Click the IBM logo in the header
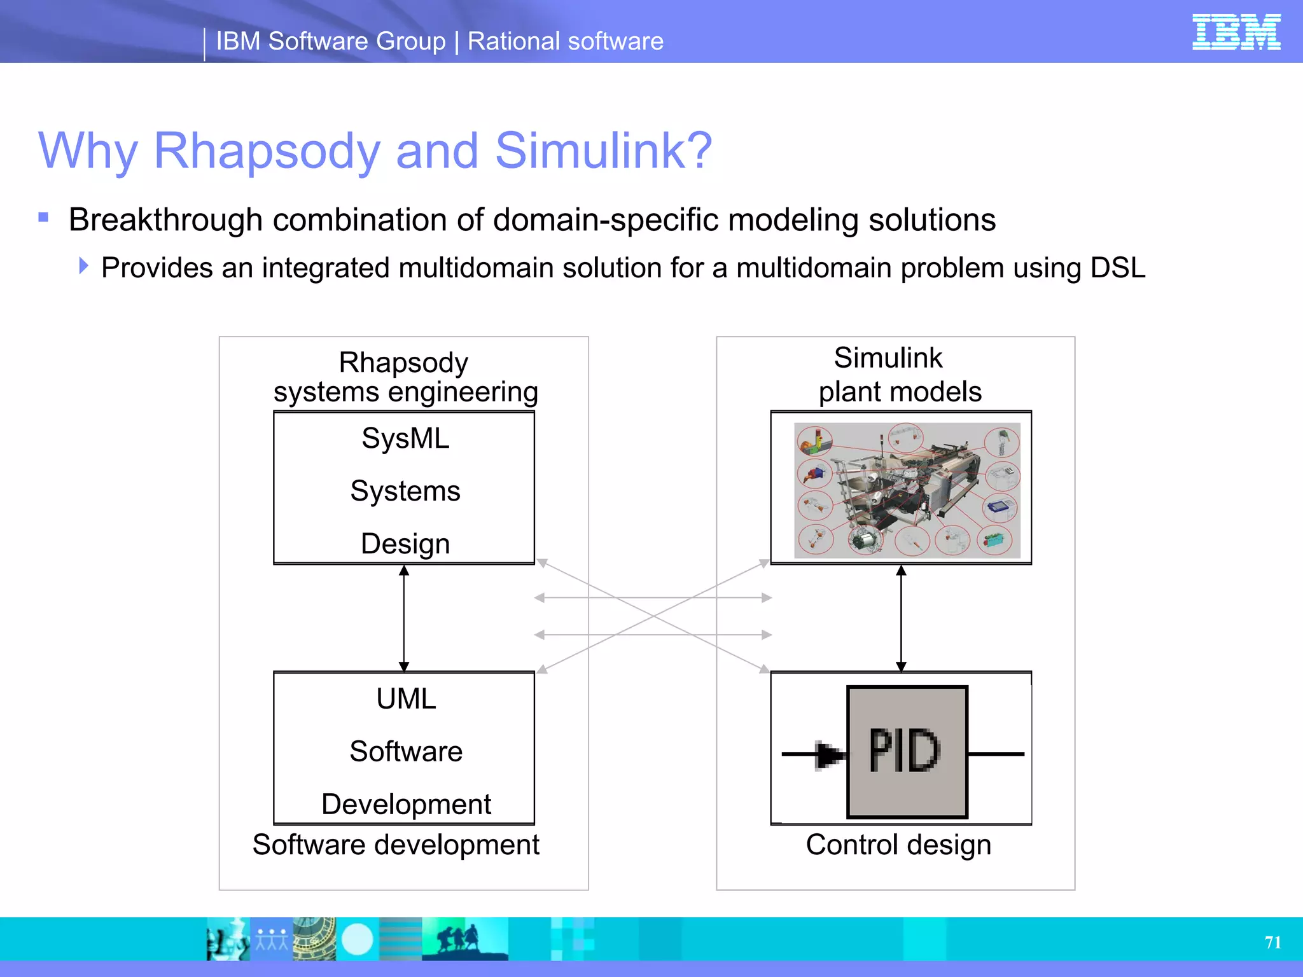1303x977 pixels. [1236, 32]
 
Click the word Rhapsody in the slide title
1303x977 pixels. [267, 151]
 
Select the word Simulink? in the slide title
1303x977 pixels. [603, 151]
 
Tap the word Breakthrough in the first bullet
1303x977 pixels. [165, 220]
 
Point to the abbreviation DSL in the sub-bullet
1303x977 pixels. [1117, 268]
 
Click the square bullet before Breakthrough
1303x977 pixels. [43, 218]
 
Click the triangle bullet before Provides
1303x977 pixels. [83, 265]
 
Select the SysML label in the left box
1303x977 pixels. [405, 438]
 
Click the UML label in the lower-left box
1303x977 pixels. [406, 698]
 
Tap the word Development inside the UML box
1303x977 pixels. [406, 804]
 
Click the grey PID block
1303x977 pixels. [907, 752]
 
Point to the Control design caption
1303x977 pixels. [898, 845]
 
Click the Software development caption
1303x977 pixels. [396, 845]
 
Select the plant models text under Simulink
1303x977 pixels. [900, 392]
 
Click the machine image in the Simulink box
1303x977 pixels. [907, 490]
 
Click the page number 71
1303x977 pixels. [1272, 942]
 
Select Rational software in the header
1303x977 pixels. [565, 41]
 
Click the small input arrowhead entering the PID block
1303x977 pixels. [828, 756]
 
